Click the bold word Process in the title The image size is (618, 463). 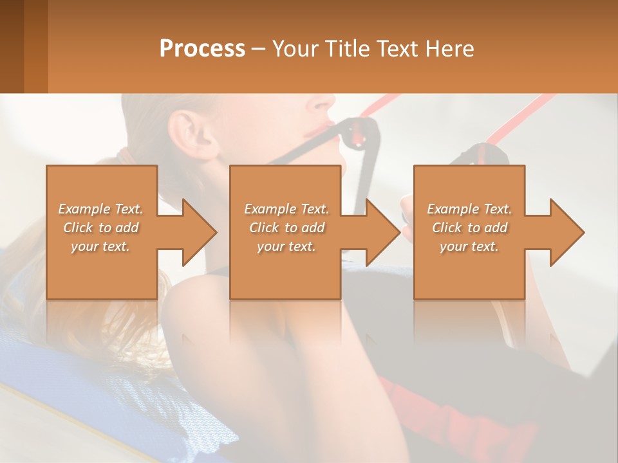click(x=202, y=49)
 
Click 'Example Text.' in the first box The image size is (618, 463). click(x=100, y=209)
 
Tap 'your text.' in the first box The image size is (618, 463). click(x=100, y=246)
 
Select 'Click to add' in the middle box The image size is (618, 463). click(x=286, y=228)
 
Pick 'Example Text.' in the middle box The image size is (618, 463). click(x=286, y=209)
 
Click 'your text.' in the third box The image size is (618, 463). click(x=469, y=246)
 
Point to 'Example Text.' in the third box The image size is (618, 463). click(x=469, y=209)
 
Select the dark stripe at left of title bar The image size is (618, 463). click(x=12, y=46)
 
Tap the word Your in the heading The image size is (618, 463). click(x=294, y=49)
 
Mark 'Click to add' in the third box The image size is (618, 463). click(x=469, y=228)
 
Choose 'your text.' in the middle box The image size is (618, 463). click(x=286, y=246)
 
